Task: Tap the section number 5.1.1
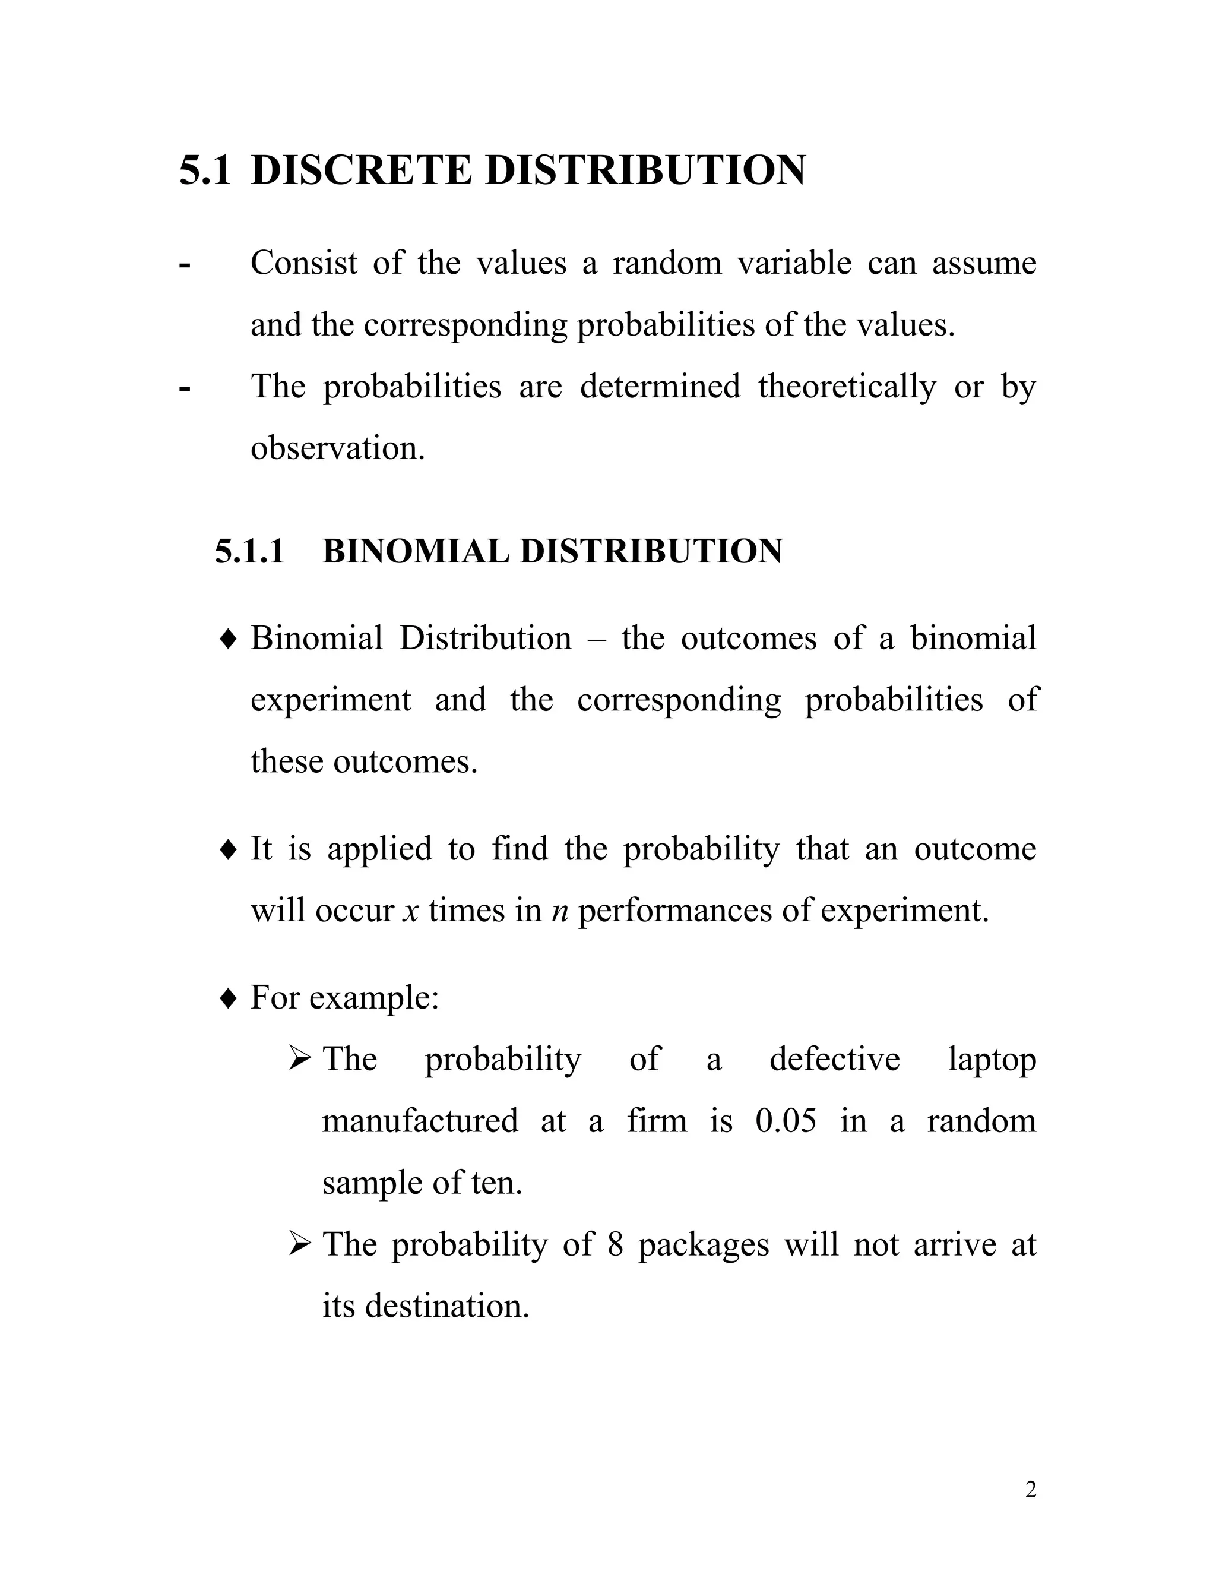pyautogui.click(x=249, y=551)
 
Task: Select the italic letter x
pyautogui.click(x=411, y=912)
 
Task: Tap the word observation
pyautogui.click(x=337, y=448)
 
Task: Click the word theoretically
pyautogui.click(x=847, y=386)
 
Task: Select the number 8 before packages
pyautogui.click(x=615, y=1244)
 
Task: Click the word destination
pyautogui.click(x=446, y=1306)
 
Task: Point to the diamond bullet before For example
pyautogui.click(x=227, y=999)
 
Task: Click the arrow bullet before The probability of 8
pyautogui.click(x=298, y=1244)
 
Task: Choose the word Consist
pyautogui.click(x=303, y=263)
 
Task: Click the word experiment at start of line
pyautogui.click(x=331, y=700)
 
